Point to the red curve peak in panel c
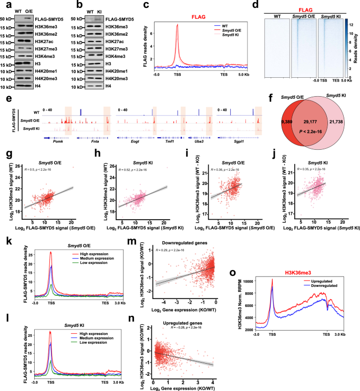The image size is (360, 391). coord(178,25)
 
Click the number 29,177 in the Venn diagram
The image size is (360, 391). coord(307,119)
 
